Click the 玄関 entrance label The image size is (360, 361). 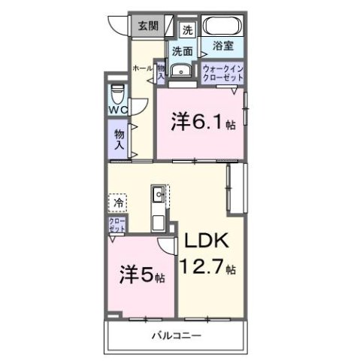click(147, 26)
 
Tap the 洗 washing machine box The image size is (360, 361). click(189, 30)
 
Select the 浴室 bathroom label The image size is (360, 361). click(222, 46)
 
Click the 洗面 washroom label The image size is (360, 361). click(181, 51)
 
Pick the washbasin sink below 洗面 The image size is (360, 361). click(180, 72)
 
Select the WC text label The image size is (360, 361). click(116, 110)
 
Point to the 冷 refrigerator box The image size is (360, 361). click(119, 202)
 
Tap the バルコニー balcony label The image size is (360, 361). click(177, 335)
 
